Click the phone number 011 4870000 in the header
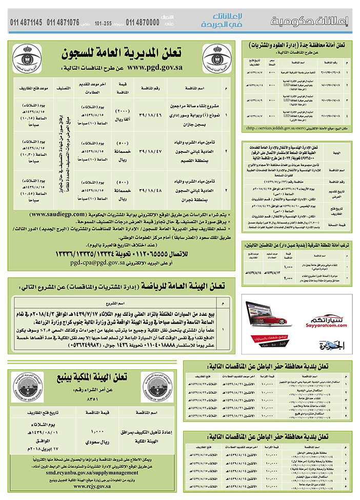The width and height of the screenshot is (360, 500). point(141,23)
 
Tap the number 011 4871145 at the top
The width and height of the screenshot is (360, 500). point(26,23)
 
